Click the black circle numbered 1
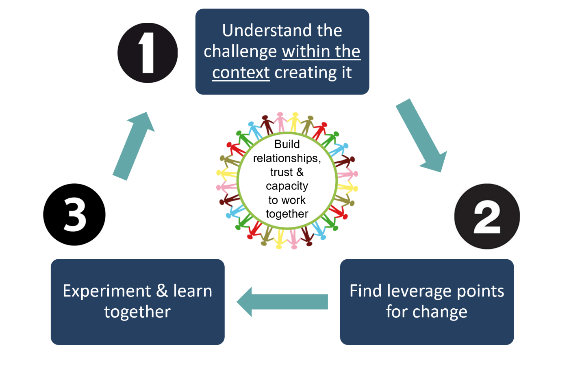click(x=147, y=53)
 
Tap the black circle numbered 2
click(x=487, y=216)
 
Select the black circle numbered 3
click(x=74, y=215)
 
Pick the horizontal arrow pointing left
click(x=282, y=302)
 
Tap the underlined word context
click(x=241, y=73)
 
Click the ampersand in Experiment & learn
click(x=162, y=290)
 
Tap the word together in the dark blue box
click(x=137, y=312)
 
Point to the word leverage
click(x=419, y=291)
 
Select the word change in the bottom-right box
click(x=440, y=312)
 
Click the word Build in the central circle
click(x=287, y=144)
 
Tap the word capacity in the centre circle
click(x=287, y=187)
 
